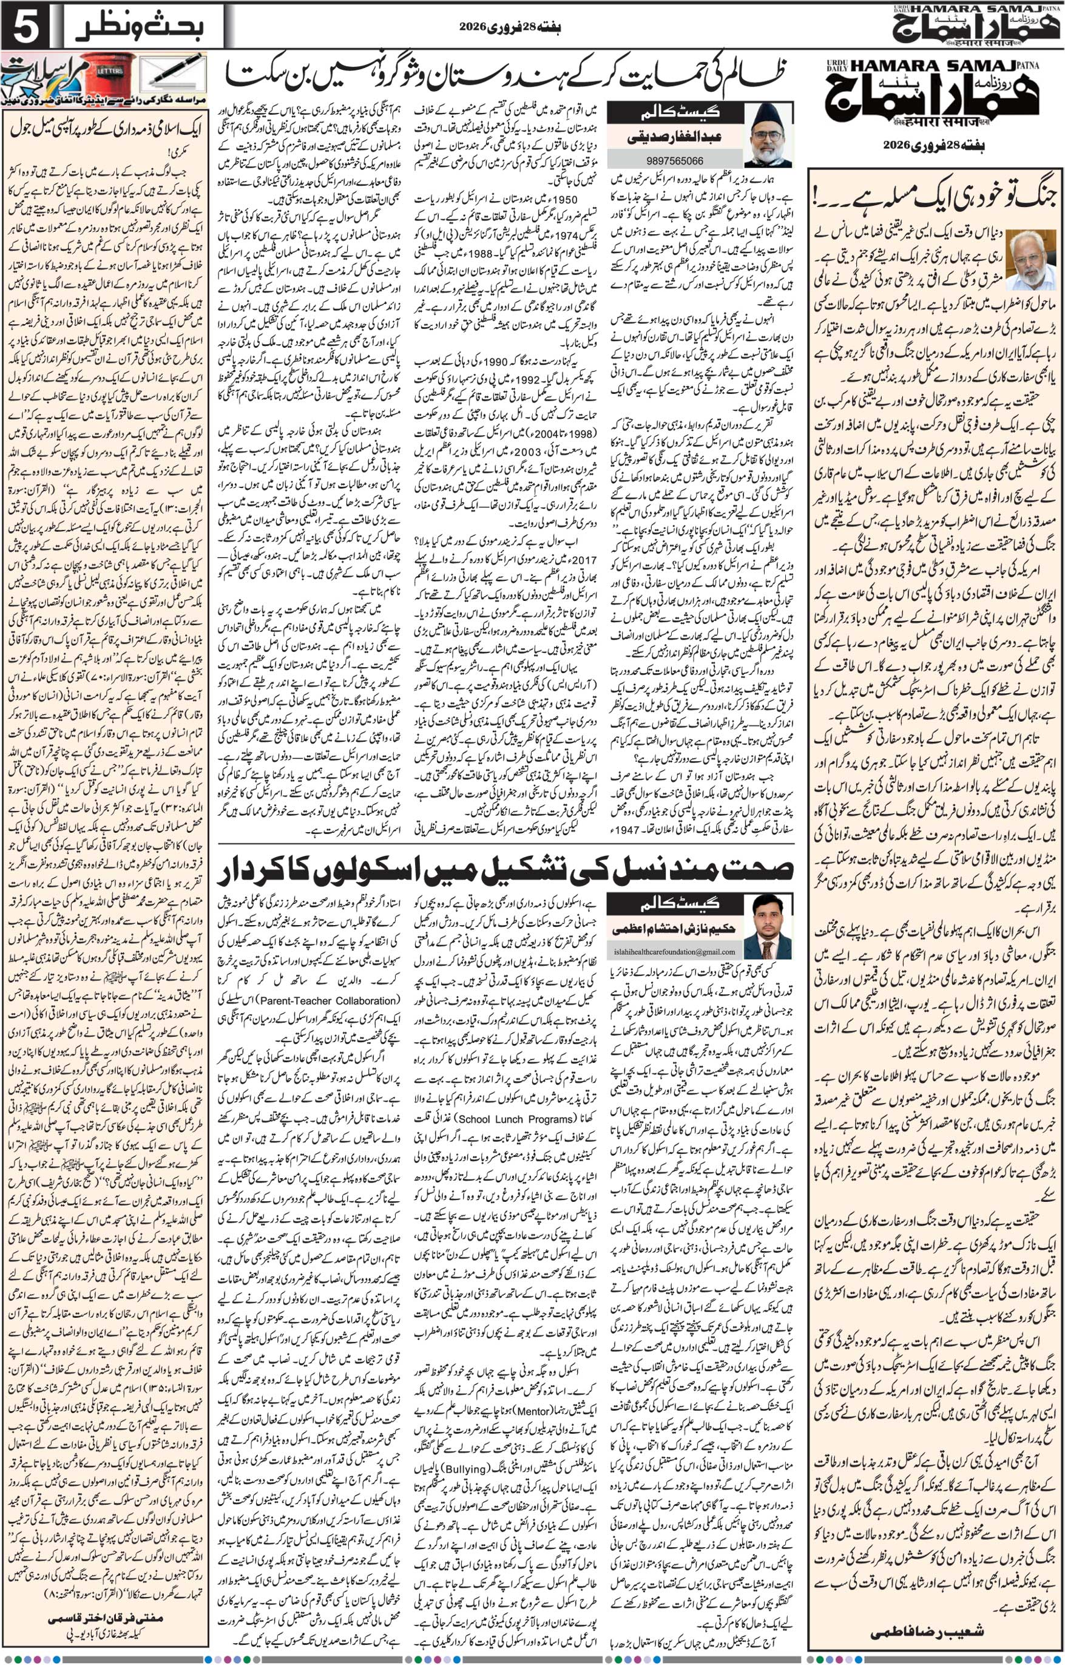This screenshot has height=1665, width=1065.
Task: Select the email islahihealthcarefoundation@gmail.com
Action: click(664, 952)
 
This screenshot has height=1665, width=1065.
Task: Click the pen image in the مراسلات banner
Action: click(173, 73)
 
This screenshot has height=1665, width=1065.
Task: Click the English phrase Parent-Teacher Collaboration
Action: click(327, 1000)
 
